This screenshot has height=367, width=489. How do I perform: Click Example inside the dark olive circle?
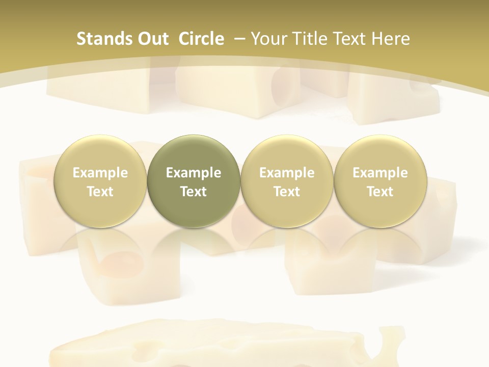coord(194,173)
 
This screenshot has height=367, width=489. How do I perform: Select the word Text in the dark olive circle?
coord(194,192)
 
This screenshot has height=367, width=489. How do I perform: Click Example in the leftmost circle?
coord(100,173)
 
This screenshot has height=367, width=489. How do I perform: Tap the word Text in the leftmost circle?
coord(100,192)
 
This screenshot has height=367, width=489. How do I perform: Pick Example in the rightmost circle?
coord(380,173)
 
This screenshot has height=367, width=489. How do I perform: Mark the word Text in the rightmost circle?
coord(380,192)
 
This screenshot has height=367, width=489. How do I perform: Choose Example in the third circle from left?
coord(287,173)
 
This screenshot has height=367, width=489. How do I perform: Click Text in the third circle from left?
coord(287,192)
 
